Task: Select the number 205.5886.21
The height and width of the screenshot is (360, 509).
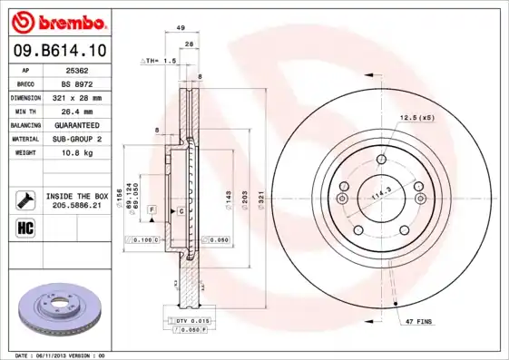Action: (x=77, y=206)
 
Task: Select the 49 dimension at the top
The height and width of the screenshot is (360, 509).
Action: (x=181, y=28)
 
